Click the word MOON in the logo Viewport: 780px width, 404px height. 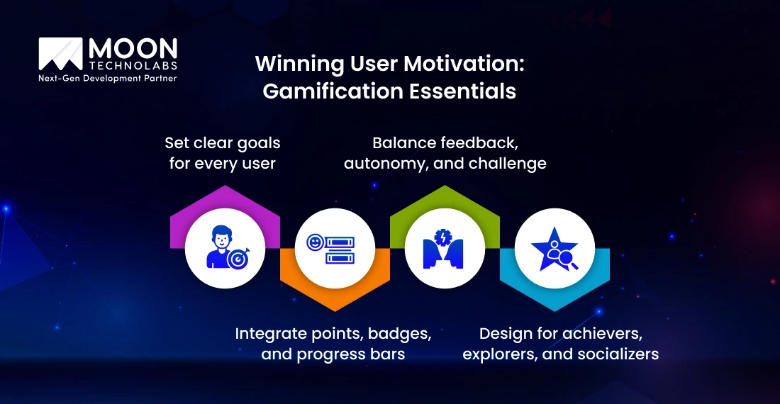133,49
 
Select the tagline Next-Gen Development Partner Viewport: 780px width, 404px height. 107,78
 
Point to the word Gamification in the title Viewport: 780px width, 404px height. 325,91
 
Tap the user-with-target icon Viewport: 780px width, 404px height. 225,247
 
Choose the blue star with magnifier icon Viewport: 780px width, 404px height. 555,247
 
